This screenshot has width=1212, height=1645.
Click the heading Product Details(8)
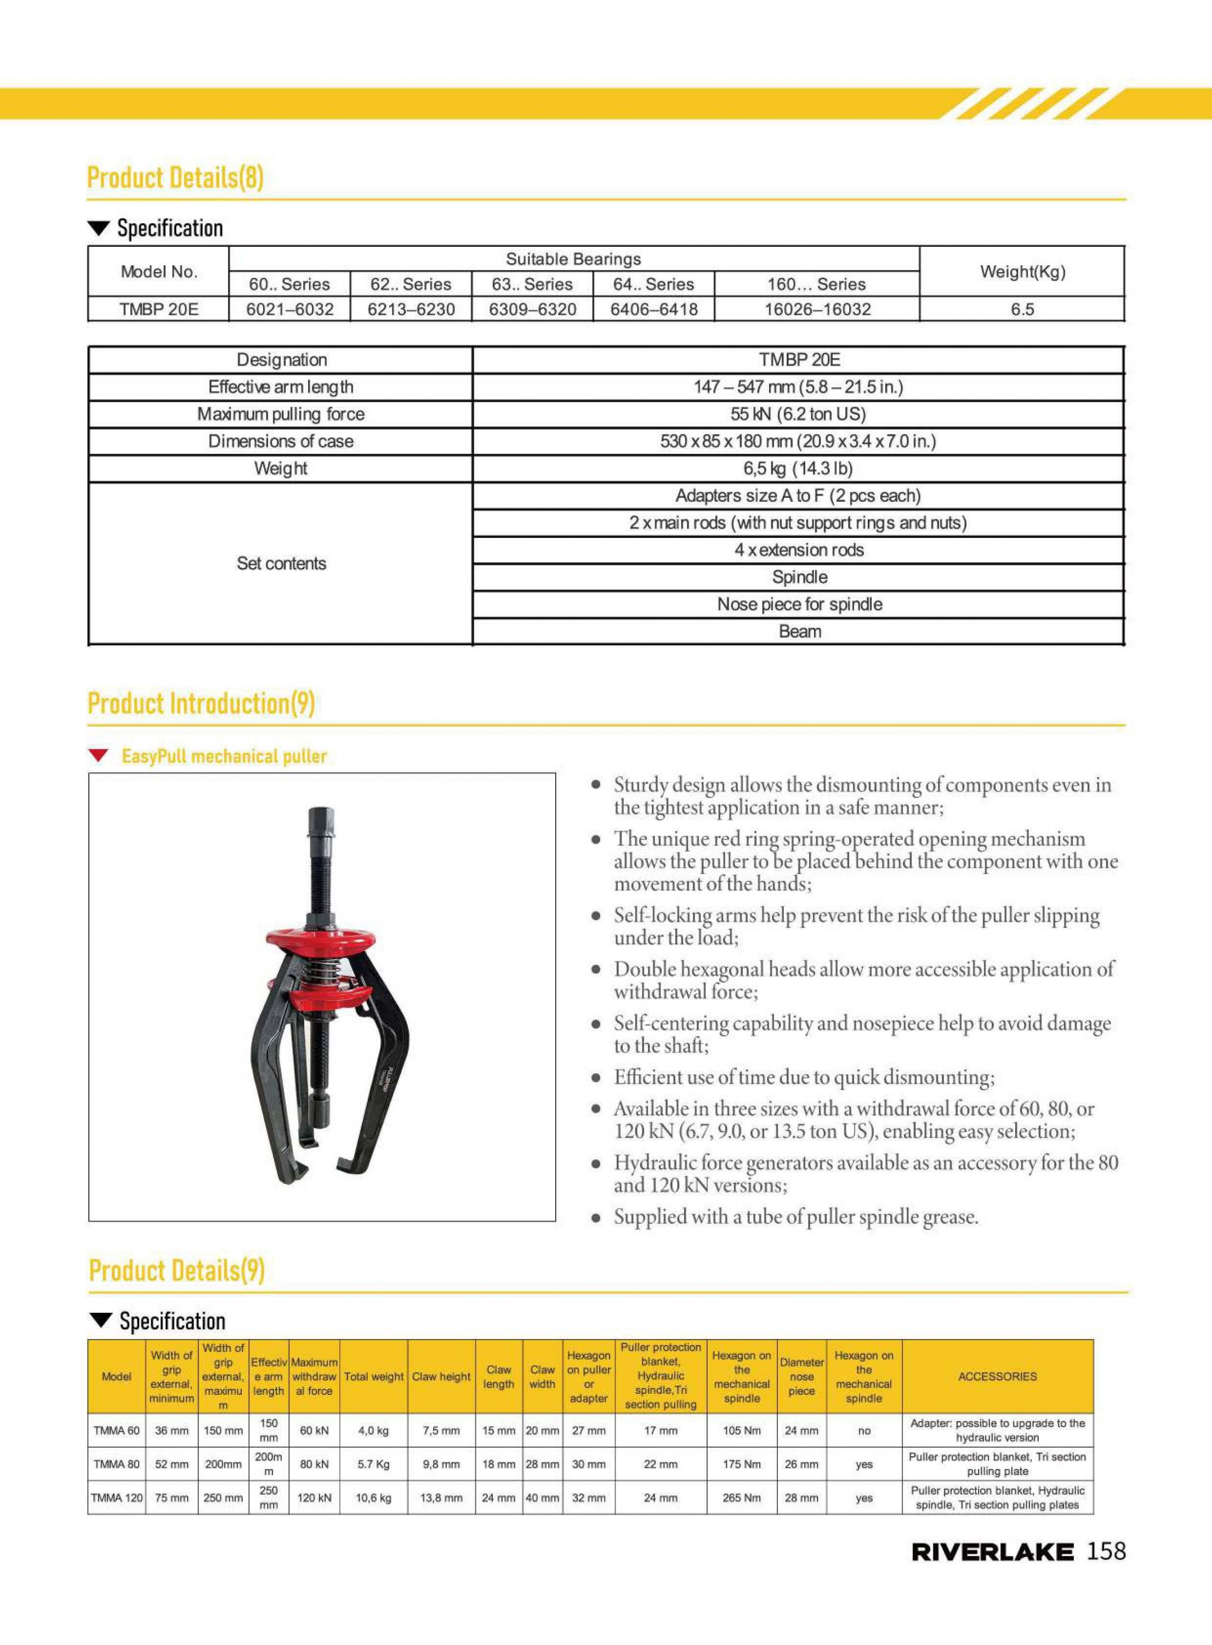pyautogui.click(x=175, y=178)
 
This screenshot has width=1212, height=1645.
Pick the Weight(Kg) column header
pyautogui.click(x=1022, y=271)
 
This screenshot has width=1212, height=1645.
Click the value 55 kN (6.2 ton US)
pyautogui.click(x=798, y=414)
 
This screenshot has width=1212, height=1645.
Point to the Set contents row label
pyautogui.click(x=281, y=564)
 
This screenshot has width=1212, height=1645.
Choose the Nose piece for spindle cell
pyautogui.click(x=799, y=604)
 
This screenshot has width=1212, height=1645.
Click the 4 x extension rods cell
pyautogui.click(x=799, y=549)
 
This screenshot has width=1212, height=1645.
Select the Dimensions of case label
pyautogui.click(x=281, y=441)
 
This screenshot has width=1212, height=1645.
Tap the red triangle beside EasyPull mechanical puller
pyautogui.click(x=98, y=756)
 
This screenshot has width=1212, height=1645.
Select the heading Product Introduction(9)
pyautogui.click(x=201, y=703)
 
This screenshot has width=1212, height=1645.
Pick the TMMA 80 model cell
pyautogui.click(x=116, y=1464)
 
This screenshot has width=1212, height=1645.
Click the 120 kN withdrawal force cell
pyautogui.click(x=314, y=1497)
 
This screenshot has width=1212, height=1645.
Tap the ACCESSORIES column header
pyautogui.click(x=997, y=1376)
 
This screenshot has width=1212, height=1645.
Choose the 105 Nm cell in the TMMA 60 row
pyautogui.click(x=741, y=1430)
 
